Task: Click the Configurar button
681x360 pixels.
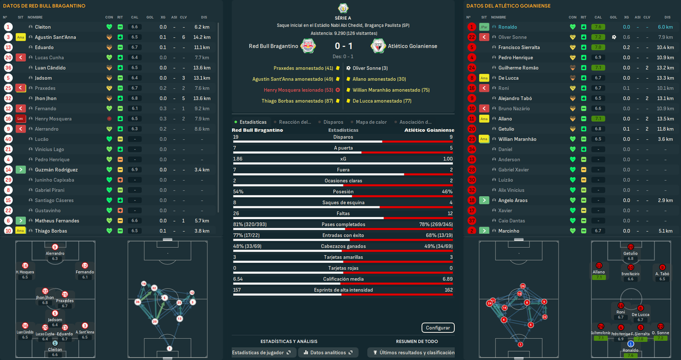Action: pos(438,328)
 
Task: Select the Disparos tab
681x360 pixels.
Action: pos(333,122)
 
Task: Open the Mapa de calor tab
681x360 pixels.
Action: pos(371,122)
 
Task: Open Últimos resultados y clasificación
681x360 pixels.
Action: pos(413,353)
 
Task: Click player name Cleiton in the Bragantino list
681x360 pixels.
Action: pos(43,27)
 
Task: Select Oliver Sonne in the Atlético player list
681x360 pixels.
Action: pos(512,37)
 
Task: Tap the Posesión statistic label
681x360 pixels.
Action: pos(343,191)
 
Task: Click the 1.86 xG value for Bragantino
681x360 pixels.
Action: pos(238,159)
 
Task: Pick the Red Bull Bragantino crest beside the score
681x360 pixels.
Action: pos(307,46)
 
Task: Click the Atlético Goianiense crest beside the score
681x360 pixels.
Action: pos(378,46)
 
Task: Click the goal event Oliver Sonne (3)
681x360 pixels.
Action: pos(370,68)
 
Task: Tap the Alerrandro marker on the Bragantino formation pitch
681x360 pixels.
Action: pos(55,247)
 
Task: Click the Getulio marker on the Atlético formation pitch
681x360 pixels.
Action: pos(630,247)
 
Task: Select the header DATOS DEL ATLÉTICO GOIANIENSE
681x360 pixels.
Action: pos(508,6)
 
